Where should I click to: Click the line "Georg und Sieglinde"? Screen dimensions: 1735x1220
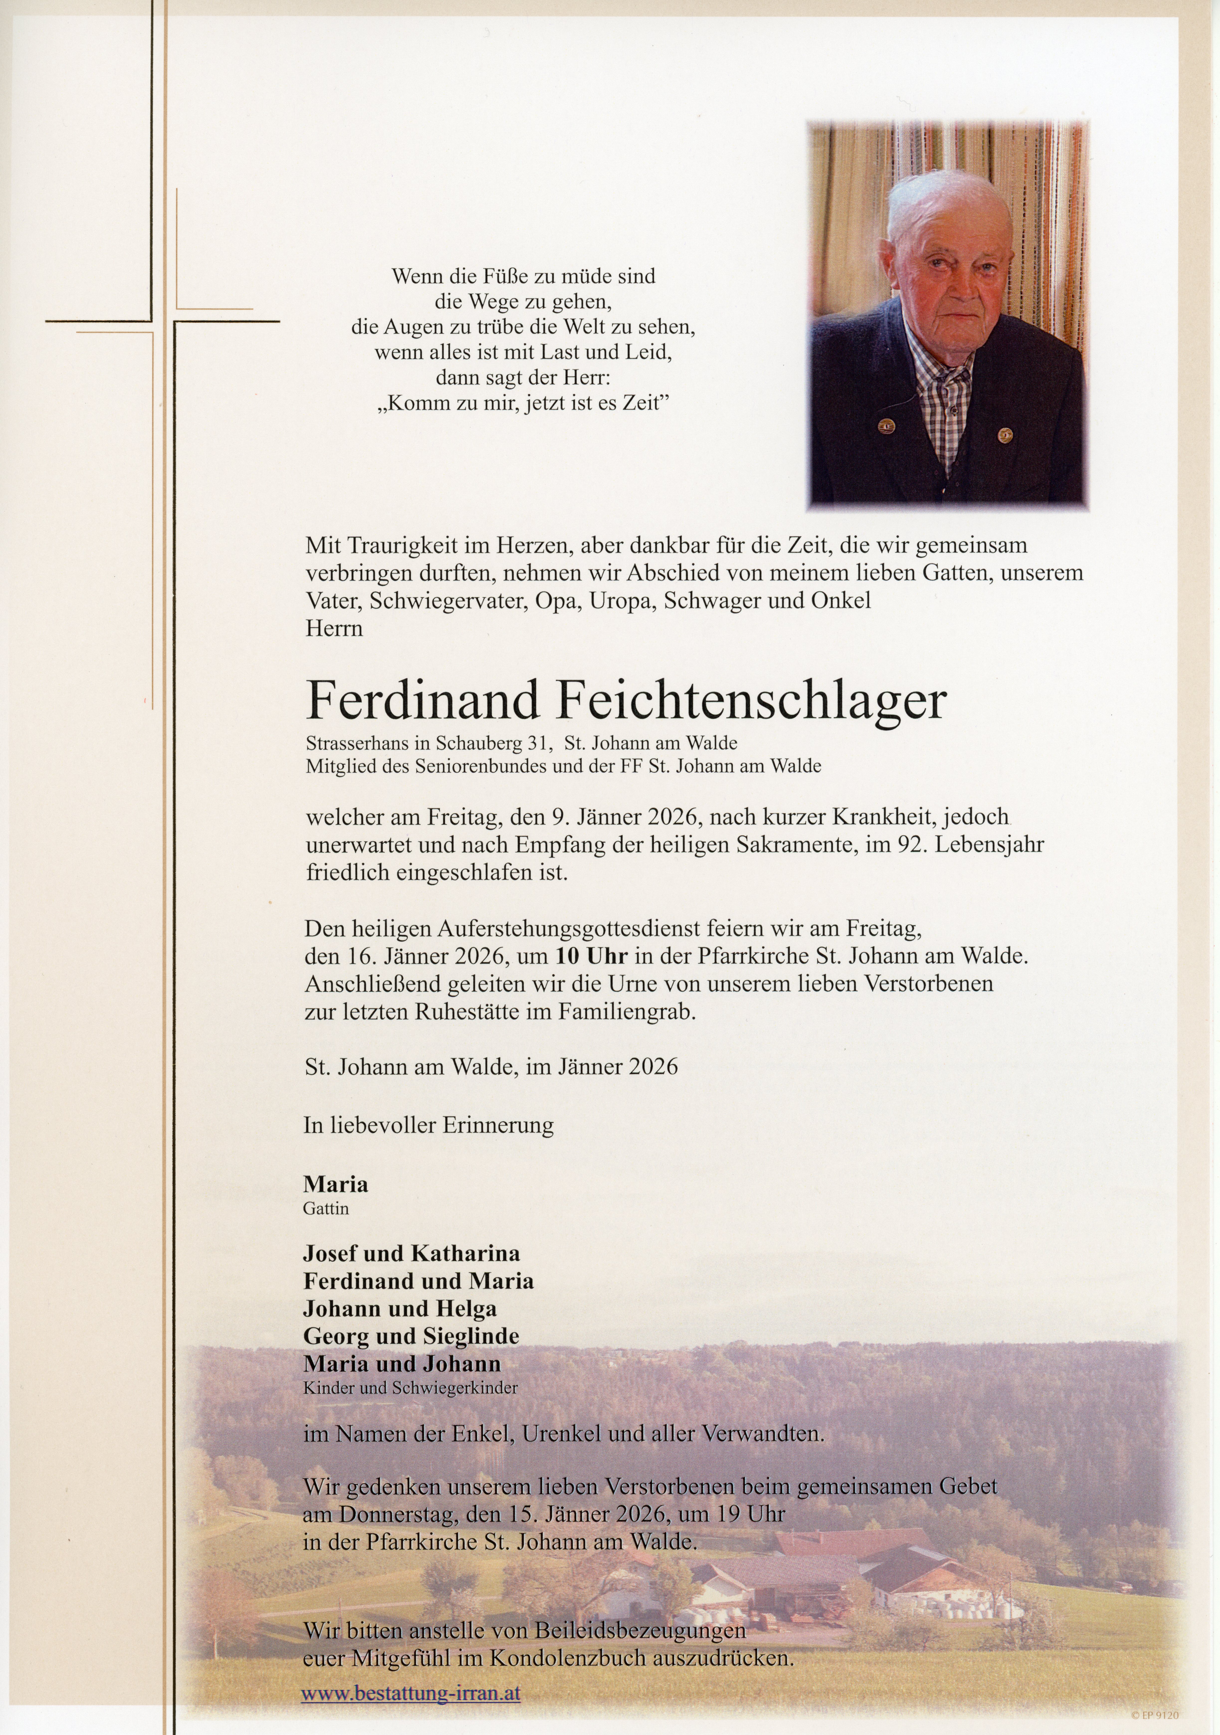point(411,1335)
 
